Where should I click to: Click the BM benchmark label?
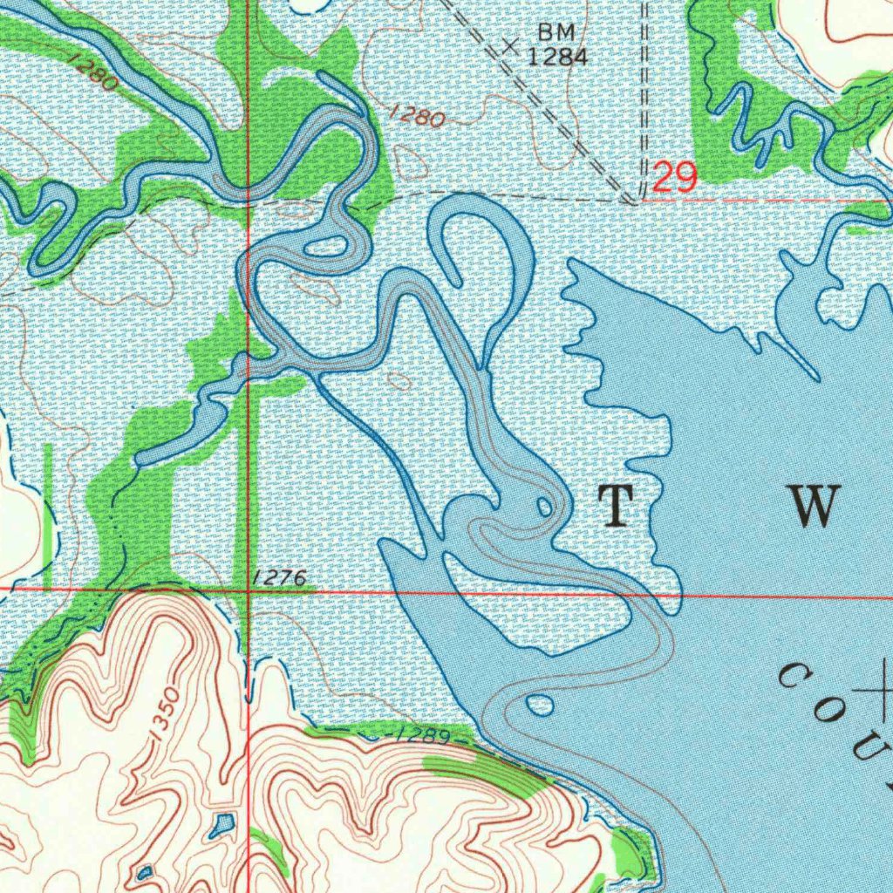click(556, 32)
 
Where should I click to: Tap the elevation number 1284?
click(556, 58)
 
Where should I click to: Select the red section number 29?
click(675, 179)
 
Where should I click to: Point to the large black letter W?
click(814, 506)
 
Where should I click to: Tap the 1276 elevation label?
click(278, 578)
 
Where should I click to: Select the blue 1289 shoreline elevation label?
click(421, 737)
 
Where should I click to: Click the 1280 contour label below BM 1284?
click(416, 117)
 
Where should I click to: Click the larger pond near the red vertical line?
click(222, 822)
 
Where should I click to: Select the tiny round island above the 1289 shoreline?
click(540, 705)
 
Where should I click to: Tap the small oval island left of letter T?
click(544, 507)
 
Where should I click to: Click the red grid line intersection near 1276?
click(249, 590)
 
